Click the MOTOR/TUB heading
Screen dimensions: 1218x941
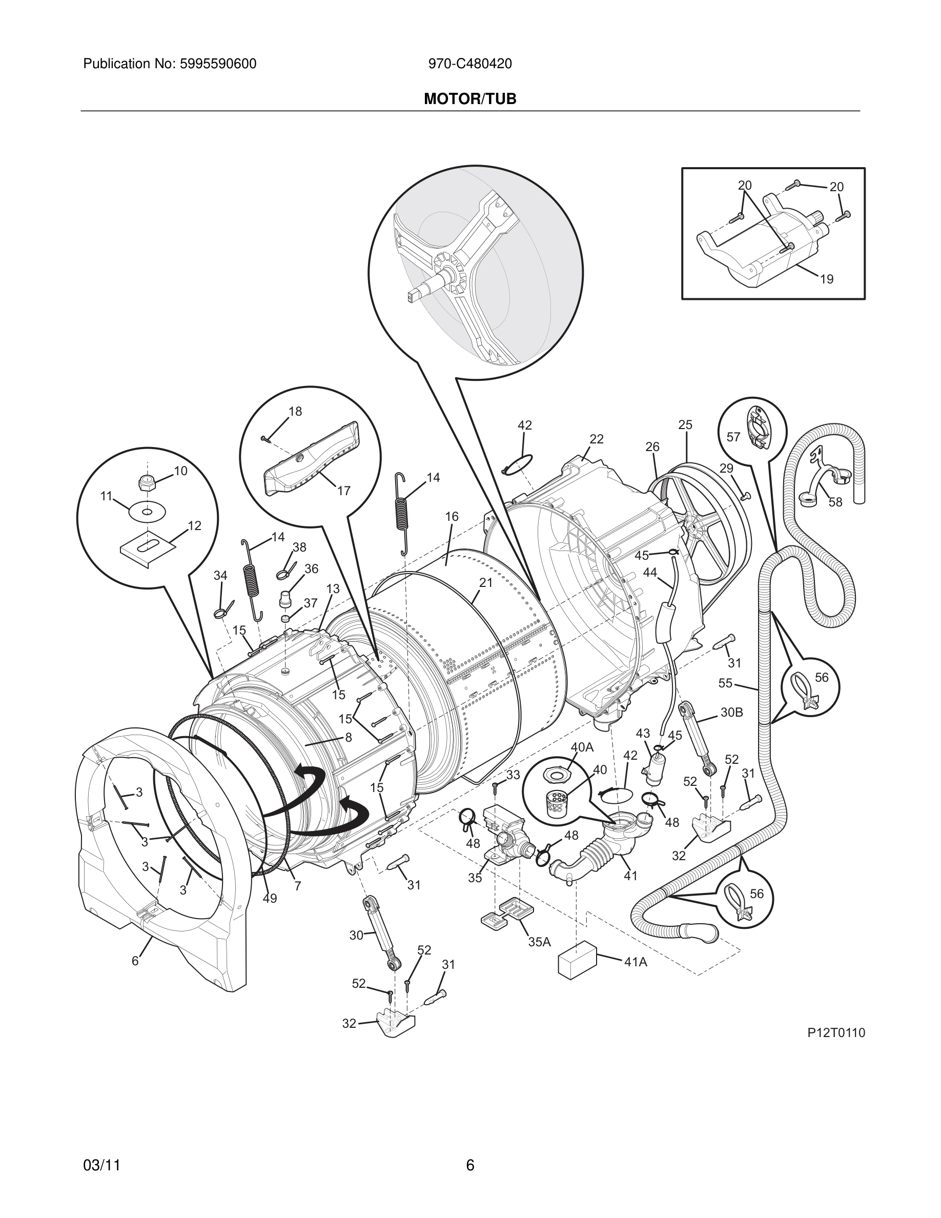click(x=470, y=99)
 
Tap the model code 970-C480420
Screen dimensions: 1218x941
click(x=470, y=64)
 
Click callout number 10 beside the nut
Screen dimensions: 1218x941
click(x=180, y=471)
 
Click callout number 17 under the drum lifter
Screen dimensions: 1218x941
click(x=343, y=490)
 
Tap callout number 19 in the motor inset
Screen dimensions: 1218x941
click(x=827, y=279)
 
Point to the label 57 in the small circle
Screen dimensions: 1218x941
click(x=733, y=437)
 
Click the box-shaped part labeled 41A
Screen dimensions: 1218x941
click(x=577, y=958)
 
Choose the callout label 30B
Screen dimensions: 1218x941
click(x=731, y=712)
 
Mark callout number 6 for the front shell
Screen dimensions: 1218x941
click(x=135, y=961)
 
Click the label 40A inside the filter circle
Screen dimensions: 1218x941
click(x=582, y=747)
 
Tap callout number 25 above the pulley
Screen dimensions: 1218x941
click(x=685, y=424)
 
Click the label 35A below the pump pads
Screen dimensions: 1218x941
click(x=539, y=942)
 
